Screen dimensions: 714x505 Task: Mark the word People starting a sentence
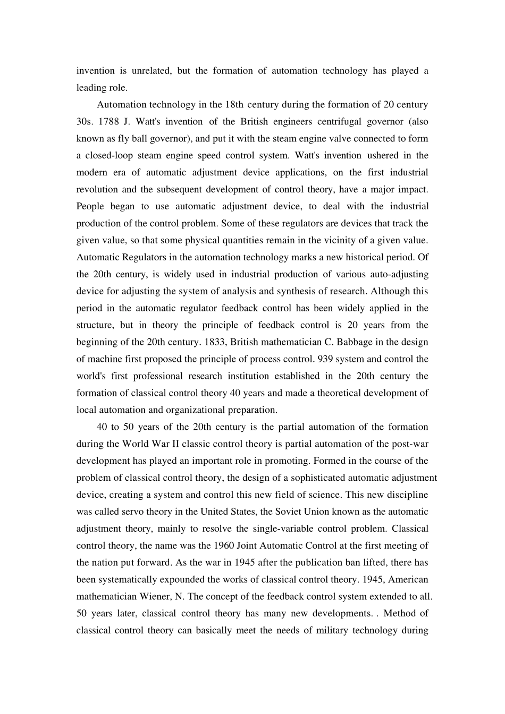(90, 207)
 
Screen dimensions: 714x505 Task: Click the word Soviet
(292, 512)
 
